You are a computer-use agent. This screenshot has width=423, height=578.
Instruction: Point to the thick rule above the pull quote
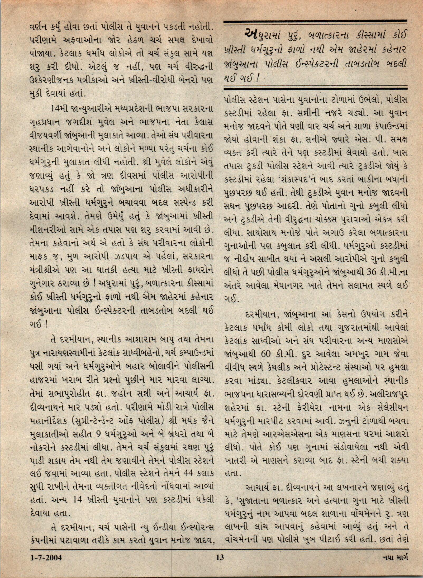coord(315,21)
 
